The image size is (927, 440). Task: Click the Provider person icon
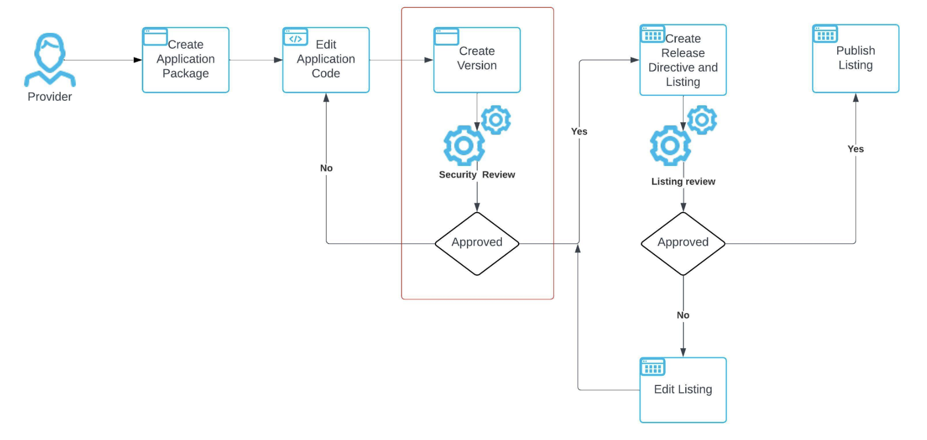50,59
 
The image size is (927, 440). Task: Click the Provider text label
50,97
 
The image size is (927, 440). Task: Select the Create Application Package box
185,60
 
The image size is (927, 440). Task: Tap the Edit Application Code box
326,60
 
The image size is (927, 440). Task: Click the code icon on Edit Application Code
295,38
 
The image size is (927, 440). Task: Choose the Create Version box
477,60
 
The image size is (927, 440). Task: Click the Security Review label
477,175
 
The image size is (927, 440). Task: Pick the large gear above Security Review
463,145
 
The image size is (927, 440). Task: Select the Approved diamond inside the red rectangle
477,243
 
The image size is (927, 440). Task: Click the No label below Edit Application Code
326,168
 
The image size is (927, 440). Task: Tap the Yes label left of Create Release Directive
579,132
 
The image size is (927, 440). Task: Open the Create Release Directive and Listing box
683,60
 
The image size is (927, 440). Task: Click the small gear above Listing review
702,119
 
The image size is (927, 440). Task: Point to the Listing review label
683,182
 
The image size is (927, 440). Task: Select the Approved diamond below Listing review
683,243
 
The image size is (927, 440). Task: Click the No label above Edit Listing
683,315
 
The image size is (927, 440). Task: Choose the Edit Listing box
683,390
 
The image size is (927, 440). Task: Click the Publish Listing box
855,59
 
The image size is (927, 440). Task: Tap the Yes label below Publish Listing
855,149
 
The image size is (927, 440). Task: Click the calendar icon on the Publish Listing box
825,35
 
